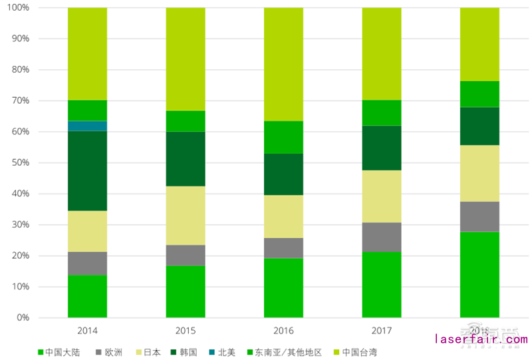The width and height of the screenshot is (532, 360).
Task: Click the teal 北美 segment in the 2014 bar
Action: click(x=87, y=126)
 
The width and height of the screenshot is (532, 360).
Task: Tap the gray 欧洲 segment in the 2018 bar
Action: click(x=479, y=216)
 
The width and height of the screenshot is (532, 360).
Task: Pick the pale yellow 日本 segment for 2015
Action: click(x=186, y=216)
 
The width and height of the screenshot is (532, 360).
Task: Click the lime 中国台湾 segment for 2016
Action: click(x=283, y=64)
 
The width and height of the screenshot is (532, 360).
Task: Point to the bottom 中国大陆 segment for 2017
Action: click(x=382, y=285)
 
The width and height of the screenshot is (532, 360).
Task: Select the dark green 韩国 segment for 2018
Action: click(x=479, y=126)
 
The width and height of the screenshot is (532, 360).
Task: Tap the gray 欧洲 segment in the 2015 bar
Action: click(x=186, y=255)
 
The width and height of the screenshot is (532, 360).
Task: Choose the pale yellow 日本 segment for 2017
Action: click(x=382, y=196)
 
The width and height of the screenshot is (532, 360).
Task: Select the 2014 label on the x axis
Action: click(x=87, y=331)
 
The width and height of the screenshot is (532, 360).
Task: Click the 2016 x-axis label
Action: click(x=283, y=331)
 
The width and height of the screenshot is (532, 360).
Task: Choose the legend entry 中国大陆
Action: click(x=64, y=352)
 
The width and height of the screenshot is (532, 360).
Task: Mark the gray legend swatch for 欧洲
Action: click(x=99, y=352)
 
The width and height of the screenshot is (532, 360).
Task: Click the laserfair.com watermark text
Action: click(x=481, y=340)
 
